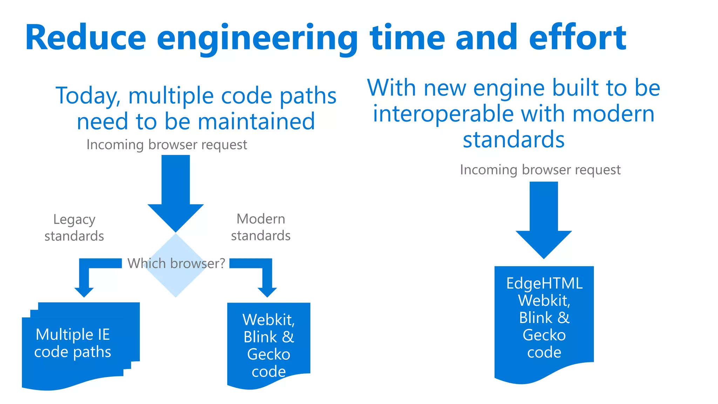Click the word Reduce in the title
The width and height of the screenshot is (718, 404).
(86, 38)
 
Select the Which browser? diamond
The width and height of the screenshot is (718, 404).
(175, 281)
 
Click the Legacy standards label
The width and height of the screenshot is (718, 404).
(74, 228)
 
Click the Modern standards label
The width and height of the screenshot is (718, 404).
(260, 227)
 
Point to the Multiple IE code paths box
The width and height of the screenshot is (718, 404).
(73, 344)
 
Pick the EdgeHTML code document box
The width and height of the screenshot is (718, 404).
(544, 323)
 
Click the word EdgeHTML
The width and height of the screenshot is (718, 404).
(544, 283)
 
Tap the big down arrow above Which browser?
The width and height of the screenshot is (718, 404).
(175, 193)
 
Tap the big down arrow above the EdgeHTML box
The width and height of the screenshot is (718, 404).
(544, 219)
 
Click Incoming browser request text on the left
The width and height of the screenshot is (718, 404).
(167, 144)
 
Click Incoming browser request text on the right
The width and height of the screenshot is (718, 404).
(540, 170)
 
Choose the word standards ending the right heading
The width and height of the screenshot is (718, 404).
(514, 139)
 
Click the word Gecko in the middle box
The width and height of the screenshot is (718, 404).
(269, 354)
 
